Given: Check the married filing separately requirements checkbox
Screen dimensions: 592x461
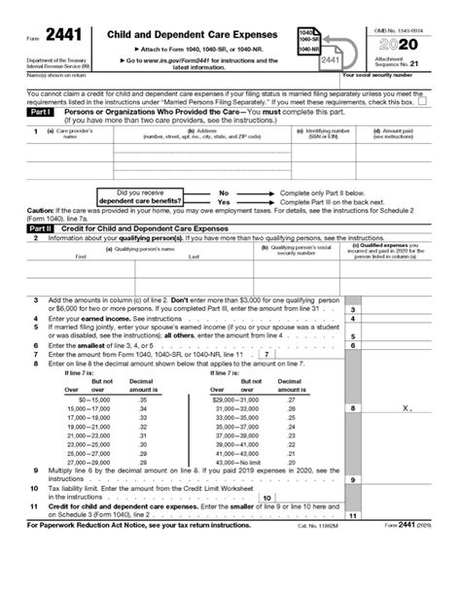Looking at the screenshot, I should [x=433, y=101].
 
